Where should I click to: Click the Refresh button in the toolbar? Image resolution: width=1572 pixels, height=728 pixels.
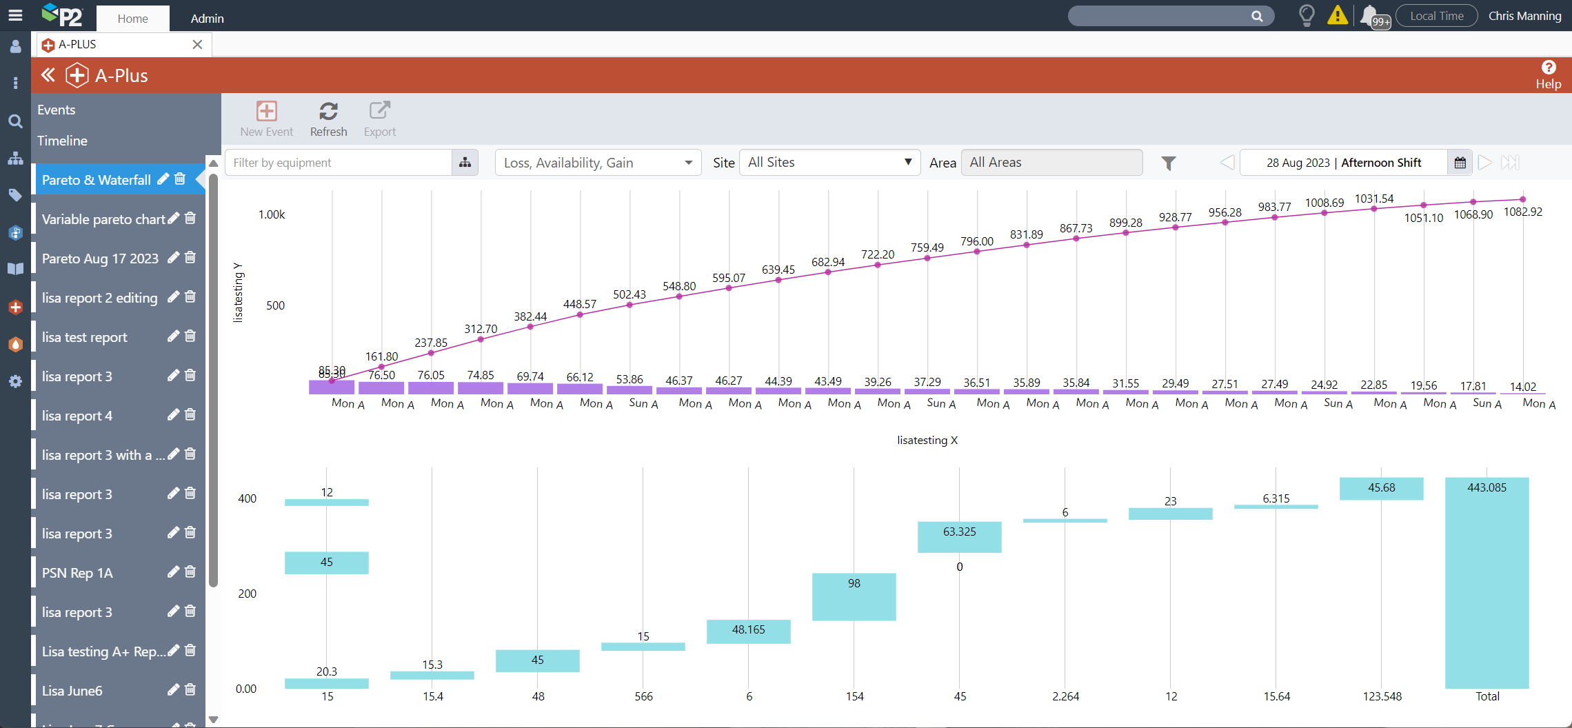328,119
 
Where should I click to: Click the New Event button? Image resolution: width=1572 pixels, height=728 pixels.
267,119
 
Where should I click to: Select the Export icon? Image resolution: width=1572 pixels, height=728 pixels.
380,119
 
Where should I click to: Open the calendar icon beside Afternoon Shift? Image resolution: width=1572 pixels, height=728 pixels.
1460,163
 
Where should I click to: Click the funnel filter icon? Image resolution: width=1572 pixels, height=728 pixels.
1169,163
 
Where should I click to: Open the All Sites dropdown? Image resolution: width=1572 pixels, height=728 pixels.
829,163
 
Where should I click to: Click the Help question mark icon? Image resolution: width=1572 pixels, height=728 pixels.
1549,68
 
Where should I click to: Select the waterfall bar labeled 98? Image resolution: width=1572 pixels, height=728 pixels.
854,597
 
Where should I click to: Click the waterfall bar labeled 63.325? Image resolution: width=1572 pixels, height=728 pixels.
959,537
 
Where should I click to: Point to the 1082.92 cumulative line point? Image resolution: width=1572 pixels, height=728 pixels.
1523,200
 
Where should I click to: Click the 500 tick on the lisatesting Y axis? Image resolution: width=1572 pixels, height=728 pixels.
275,305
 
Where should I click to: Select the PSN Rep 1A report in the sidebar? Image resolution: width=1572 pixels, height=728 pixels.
77,573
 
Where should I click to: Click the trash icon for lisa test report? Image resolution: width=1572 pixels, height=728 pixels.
190,336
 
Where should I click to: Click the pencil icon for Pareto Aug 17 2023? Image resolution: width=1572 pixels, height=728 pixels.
173,258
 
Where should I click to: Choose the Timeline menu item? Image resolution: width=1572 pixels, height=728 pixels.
62,141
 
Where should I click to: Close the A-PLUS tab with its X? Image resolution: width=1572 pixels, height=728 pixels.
197,45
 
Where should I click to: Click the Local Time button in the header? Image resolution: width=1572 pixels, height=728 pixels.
1436,16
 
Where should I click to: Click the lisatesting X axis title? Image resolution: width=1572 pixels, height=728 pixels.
927,440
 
